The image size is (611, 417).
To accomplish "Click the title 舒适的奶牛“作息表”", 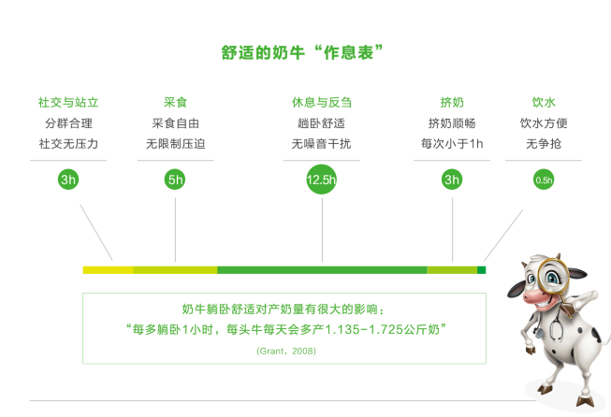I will pyautogui.click(x=305, y=53).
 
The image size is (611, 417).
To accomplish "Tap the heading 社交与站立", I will pyautogui.click(x=67, y=102).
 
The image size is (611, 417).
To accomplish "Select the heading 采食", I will pyautogui.click(x=175, y=102).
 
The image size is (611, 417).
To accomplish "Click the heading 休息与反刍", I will pyautogui.click(x=322, y=102).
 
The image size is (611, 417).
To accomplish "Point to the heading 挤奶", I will pyautogui.click(x=452, y=102).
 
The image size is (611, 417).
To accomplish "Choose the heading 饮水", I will pyautogui.click(x=544, y=102).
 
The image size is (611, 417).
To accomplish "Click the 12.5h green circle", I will pyautogui.click(x=322, y=180).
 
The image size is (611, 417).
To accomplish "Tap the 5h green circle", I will pyautogui.click(x=175, y=180).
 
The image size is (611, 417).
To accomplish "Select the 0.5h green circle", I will pyautogui.click(x=544, y=180).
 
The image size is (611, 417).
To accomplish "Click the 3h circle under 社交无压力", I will pyautogui.click(x=67, y=180).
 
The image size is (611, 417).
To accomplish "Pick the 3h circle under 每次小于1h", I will pyautogui.click(x=452, y=180).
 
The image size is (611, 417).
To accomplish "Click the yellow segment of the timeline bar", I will pyautogui.click(x=108, y=270).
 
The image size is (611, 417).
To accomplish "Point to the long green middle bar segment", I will pyautogui.click(x=322, y=270).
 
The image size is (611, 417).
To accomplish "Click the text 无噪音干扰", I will pyautogui.click(x=322, y=144).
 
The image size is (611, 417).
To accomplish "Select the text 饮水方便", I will pyautogui.click(x=544, y=123).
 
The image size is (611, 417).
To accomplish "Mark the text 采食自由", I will pyautogui.click(x=175, y=123).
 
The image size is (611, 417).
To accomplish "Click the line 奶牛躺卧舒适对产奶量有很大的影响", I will pyautogui.click(x=284, y=309).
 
